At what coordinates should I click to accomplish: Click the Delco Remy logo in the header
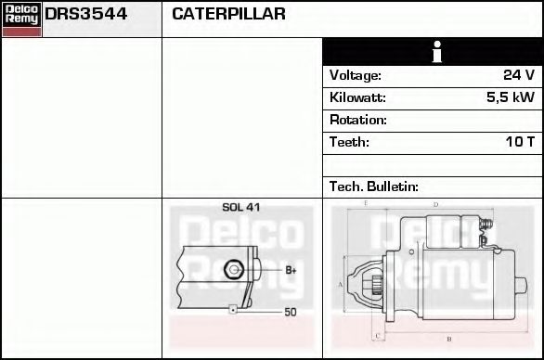(21, 19)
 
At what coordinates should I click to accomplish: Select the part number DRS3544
(86, 15)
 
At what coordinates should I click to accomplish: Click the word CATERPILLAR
(228, 15)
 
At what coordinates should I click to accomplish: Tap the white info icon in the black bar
(435, 52)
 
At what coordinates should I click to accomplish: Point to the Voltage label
(356, 76)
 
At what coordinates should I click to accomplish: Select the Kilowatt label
(357, 98)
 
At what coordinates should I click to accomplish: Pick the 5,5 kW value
(510, 98)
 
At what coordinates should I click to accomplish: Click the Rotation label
(358, 121)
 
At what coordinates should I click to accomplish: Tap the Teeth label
(349, 143)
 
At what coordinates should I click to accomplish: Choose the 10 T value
(518, 143)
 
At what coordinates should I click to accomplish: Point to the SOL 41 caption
(240, 208)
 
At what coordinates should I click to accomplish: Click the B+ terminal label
(291, 270)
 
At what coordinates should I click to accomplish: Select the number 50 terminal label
(291, 313)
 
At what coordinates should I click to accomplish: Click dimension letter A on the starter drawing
(341, 284)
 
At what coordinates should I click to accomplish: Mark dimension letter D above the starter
(436, 203)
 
